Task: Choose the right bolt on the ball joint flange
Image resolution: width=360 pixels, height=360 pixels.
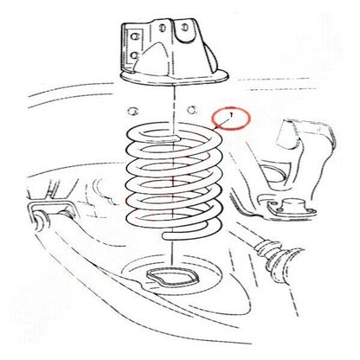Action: click(x=310, y=209)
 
